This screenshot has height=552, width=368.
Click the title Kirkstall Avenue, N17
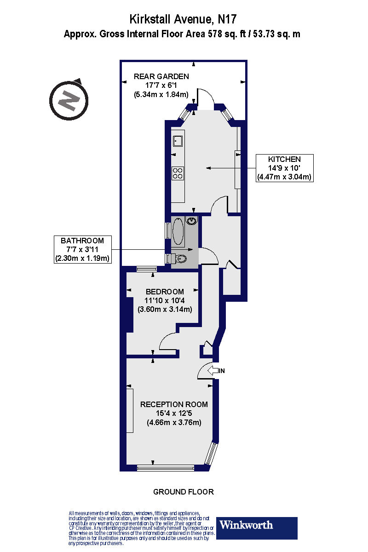[184, 19]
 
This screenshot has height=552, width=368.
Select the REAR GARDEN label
[161, 76]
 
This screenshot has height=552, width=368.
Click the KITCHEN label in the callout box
[284, 159]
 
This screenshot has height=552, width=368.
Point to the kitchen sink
[178, 140]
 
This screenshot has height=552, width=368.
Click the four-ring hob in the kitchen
[178, 173]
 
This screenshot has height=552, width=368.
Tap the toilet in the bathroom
[181, 259]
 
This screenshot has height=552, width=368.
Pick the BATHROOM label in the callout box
[82, 241]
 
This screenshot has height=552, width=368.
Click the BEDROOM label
[165, 292]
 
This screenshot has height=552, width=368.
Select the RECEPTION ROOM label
[174, 404]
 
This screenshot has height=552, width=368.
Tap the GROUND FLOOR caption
[184, 492]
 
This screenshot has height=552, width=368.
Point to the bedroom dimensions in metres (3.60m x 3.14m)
[165, 309]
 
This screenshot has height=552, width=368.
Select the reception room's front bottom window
[166, 468]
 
